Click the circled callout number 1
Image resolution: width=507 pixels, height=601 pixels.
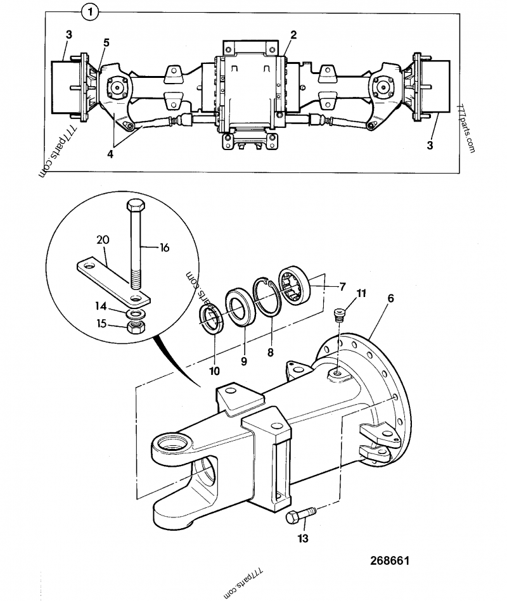point(91,11)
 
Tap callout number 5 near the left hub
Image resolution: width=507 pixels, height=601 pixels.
point(106,42)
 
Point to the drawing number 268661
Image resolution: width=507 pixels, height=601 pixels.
point(390,561)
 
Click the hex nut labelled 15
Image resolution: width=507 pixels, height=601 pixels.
point(135,327)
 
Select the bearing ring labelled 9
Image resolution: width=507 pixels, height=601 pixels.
point(240,312)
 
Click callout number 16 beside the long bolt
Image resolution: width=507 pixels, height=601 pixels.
point(164,248)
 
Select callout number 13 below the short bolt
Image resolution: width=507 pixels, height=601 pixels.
point(302,538)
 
